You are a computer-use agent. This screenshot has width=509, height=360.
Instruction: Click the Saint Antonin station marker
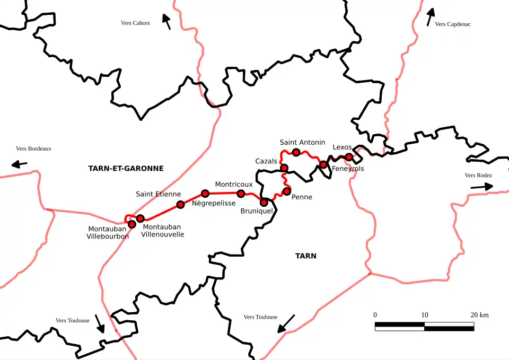(x=296, y=153)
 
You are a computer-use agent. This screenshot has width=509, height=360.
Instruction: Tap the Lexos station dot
(x=349, y=156)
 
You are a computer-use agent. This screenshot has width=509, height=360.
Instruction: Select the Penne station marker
(x=287, y=191)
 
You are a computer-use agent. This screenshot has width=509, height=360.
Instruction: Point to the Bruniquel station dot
(x=264, y=202)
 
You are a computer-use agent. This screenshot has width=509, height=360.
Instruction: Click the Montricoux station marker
(x=241, y=193)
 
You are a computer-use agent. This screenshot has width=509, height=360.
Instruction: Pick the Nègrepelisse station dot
(x=205, y=194)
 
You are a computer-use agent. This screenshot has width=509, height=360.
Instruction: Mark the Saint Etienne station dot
(x=180, y=205)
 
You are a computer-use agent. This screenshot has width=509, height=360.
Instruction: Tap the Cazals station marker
(x=284, y=168)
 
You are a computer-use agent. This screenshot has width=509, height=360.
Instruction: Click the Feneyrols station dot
(x=323, y=164)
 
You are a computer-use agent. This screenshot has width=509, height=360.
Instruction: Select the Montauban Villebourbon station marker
(x=132, y=224)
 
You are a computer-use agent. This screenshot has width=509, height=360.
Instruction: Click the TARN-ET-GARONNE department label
(x=126, y=169)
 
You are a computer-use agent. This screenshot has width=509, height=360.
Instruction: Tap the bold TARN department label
(x=305, y=256)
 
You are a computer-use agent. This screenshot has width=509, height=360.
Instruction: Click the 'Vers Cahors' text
(x=135, y=23)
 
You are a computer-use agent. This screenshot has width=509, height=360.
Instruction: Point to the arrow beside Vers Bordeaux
(x=20, y=164)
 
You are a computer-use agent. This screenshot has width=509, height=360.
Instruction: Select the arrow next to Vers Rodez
(x=481, y=187)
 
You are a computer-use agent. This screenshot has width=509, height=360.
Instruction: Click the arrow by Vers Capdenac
(x=431, y=16)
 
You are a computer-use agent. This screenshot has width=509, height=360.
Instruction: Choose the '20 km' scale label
(x=479, y=315)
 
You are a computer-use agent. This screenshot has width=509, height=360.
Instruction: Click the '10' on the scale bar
(x=425, y=315)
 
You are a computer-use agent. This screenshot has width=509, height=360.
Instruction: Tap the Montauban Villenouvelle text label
(x=163, y=230)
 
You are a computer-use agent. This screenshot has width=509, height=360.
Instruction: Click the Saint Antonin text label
(x=302, y=142)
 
